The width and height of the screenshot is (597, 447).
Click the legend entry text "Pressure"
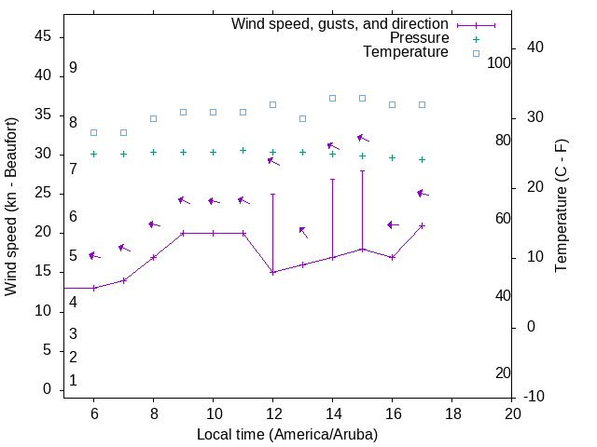[x=419, y=38]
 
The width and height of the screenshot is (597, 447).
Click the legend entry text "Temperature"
[x=406, y=52]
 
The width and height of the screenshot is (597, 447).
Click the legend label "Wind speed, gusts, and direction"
[x=340, y=24]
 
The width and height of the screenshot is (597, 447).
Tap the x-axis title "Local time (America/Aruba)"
[x=287, y=434]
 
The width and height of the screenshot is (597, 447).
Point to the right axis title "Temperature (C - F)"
[x=561, y=207]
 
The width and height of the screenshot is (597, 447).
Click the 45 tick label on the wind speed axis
[x=43, y=36]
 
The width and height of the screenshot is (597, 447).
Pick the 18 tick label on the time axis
[x=452, y=413]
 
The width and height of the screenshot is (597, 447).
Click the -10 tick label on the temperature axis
[x=535, y=397]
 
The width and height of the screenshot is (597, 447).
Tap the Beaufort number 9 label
[x=73, y=68]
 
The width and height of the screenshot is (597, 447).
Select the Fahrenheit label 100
[x=499, y=62]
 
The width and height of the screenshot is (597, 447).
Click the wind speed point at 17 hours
[x=422, y=225]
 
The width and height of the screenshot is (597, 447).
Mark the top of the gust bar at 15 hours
[x=362, y=170]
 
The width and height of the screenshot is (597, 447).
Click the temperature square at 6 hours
[x=93, y=132]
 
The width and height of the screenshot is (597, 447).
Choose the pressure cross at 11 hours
[x=243, y=150]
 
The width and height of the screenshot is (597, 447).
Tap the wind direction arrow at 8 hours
[x=154, y=224]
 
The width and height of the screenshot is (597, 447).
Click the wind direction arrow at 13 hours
[x=303, y=232]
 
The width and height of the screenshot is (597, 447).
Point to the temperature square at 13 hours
[x=302, y=118]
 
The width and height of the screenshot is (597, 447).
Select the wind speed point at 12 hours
[x=272, y=272]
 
